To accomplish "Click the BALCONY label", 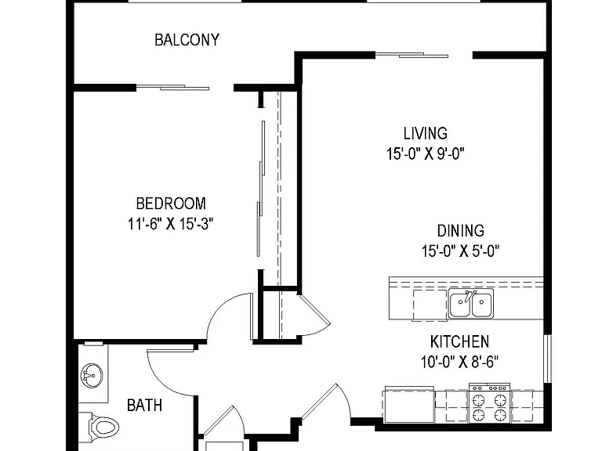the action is point(187,40).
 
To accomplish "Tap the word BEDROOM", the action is point(171,204).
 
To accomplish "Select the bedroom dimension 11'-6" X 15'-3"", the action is point(170,224).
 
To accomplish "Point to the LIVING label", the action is point(426,133).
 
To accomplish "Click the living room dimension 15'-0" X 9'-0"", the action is point(426,153).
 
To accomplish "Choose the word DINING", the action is point(461,231).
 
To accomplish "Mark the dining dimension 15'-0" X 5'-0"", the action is point(460,251).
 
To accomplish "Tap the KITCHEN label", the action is point(459,341).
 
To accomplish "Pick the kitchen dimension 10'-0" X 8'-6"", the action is point(459,362).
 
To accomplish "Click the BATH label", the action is point(144,406).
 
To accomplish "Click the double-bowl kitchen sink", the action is point(471,304).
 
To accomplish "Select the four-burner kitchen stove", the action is point(489,403).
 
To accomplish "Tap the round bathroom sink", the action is point(92,376).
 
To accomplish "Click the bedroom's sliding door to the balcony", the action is point(173,88).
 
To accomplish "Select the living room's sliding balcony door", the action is point(412,56).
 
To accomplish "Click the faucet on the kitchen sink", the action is point(468,296).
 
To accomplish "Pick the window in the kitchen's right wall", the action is point(547,359).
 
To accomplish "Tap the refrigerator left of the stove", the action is point(409,405).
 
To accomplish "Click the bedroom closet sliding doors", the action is point(260,189).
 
